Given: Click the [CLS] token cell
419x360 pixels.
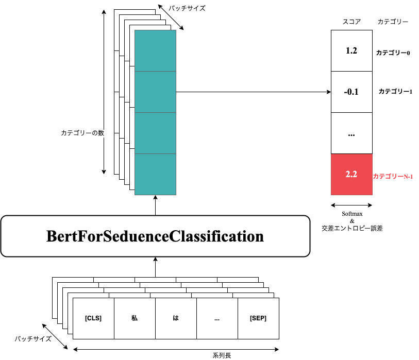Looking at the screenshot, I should tap(93, 318).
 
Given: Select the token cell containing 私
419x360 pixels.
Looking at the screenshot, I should tap(135, 318).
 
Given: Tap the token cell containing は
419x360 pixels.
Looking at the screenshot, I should tap(176, 318).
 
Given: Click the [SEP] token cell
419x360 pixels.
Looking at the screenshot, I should tap(258, 318).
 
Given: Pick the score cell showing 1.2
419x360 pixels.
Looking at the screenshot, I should tap(351, 50).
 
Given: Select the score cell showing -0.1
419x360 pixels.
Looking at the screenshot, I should tap(351, 92).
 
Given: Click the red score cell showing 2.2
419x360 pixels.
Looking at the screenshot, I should tap(351, 175).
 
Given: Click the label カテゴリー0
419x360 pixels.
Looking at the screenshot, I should tap(393, 53).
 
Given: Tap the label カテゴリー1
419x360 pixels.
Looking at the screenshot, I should tap(395, 91).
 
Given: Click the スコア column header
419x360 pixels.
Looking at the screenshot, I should tap(351, 22).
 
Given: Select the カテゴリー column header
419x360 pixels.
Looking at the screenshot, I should tap(393, 22).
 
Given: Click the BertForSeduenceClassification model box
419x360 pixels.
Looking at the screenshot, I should tap(155, 236).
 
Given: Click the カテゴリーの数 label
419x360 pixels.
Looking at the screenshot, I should tap(82, 133).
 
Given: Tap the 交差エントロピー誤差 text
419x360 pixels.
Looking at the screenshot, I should tap(352, 228).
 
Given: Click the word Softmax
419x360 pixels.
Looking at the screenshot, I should tap(351, 214).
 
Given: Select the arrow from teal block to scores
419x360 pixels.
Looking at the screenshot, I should tap(253, 92).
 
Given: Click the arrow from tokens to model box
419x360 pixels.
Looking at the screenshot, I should tap(155, 267).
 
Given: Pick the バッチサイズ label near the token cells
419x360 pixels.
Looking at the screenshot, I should tap(33, 339).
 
